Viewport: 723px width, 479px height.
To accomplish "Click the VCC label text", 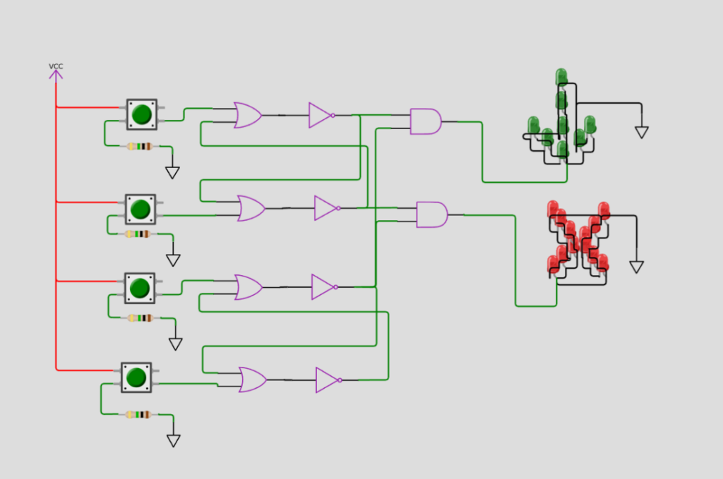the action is coord(56,66).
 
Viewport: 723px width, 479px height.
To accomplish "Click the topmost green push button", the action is coord(141,114).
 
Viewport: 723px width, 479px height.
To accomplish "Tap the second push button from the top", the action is coord(141,210).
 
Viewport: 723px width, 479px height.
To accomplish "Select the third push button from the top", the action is coord(140,289).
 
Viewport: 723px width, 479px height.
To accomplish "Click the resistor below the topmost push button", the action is coord(139,147).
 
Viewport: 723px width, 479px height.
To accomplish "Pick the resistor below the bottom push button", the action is coord(138,415).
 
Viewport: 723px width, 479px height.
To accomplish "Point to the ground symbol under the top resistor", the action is coord(172,173).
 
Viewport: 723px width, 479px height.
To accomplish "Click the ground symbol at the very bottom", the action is coord(174,441).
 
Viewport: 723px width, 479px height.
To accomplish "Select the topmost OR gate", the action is coord(248,115).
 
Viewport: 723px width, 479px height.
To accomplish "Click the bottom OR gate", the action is coord(253,380).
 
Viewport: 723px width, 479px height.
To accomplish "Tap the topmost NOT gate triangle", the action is coord(321,115).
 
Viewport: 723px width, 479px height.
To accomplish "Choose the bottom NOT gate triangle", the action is coord(328,380).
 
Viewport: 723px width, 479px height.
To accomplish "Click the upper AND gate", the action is coord(426,121).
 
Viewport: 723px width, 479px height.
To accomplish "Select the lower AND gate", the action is coord(431,214).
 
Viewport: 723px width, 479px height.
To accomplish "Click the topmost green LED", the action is coord(561,77).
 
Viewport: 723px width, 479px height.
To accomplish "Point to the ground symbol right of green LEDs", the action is coord(641,132).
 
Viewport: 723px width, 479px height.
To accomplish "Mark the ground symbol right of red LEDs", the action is coord(636,267).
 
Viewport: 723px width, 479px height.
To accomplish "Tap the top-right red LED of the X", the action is coord(604,210).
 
